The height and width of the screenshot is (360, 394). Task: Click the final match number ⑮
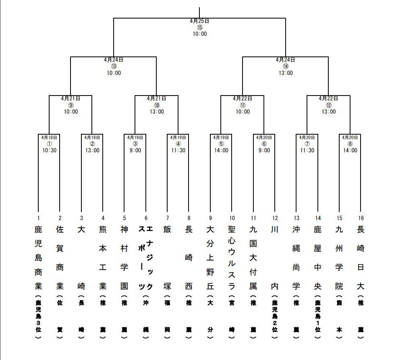click(199, 27)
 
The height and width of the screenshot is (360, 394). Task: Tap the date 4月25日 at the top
click(199, 21)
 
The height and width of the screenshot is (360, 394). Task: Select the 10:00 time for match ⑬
click(114, 73)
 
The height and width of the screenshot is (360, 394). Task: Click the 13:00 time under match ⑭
click(286, 73)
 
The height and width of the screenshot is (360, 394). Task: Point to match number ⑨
click(71, 105)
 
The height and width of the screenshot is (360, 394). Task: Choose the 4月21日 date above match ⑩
click(156, 98)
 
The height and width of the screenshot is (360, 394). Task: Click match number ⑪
click(243, 105)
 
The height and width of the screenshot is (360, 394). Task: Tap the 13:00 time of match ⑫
click(328, 112)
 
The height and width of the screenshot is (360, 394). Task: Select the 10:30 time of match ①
click(49, 150)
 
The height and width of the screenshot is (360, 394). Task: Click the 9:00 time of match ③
click(135, 150)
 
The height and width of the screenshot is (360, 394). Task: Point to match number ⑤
click(221, 144)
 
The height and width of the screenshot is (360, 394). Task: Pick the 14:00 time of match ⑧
click(350, 150)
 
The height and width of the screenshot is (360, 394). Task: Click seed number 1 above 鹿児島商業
click(38, 218)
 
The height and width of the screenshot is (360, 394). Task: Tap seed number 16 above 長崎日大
click(361, 218)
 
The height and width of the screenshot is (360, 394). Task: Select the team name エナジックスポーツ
click(146, 258)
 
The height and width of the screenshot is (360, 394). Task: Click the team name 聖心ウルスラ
click(232, 258)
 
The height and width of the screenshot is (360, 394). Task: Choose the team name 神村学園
click(124, 258)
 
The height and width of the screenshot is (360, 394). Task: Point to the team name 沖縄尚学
click(296, 258)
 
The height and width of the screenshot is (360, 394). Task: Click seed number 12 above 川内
click(275, 218)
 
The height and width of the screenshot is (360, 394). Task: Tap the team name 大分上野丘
click(210, 258)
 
